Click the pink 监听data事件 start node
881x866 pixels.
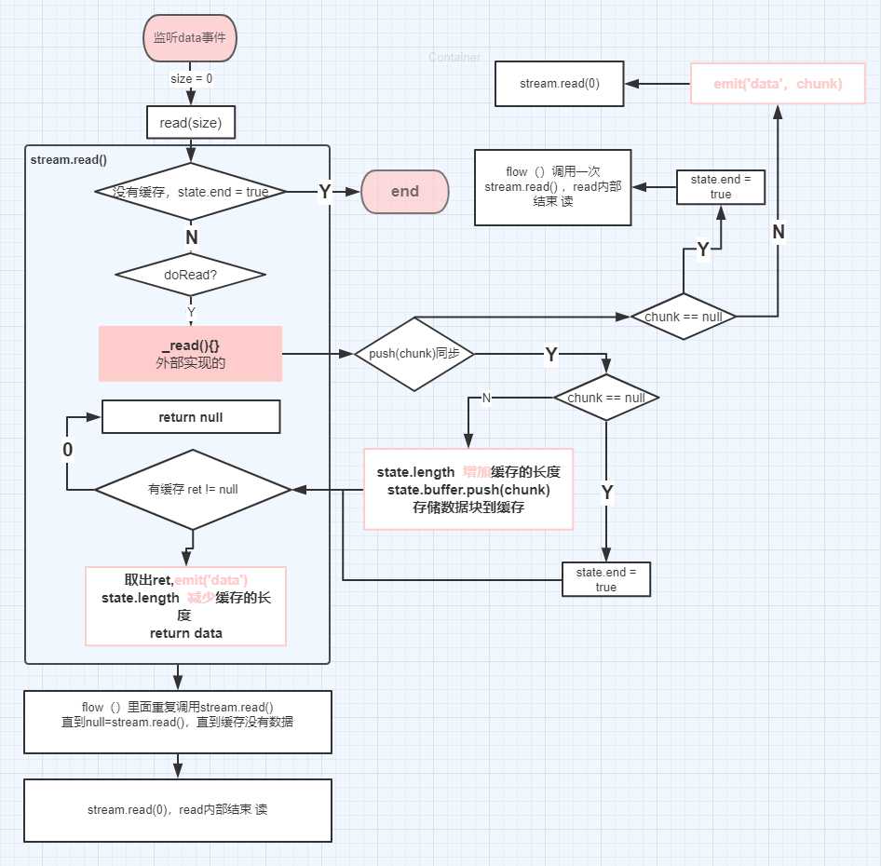(191, 39)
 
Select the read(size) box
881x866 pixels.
(191, 121)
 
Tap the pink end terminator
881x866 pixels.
(405, 192)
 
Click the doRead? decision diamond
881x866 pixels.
(191, 275)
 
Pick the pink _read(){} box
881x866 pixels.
(191, 354)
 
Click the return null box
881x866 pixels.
(191, 417)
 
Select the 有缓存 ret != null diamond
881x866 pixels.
(194, 489)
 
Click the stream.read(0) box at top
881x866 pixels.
(559, 84)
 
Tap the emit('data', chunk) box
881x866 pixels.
(778, 84)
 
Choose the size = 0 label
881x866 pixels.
(191, 79)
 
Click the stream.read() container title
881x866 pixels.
(69, 159)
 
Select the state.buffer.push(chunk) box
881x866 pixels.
(468, 489)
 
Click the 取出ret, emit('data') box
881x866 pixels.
(185, 606)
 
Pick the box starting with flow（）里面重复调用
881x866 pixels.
(177, 722)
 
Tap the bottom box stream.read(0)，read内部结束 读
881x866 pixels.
(177, 810)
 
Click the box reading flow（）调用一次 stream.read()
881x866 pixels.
(553, 187)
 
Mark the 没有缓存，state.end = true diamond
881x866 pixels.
(191, 192)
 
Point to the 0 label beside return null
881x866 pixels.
(67, 450)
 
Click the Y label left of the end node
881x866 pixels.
(325, 192)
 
